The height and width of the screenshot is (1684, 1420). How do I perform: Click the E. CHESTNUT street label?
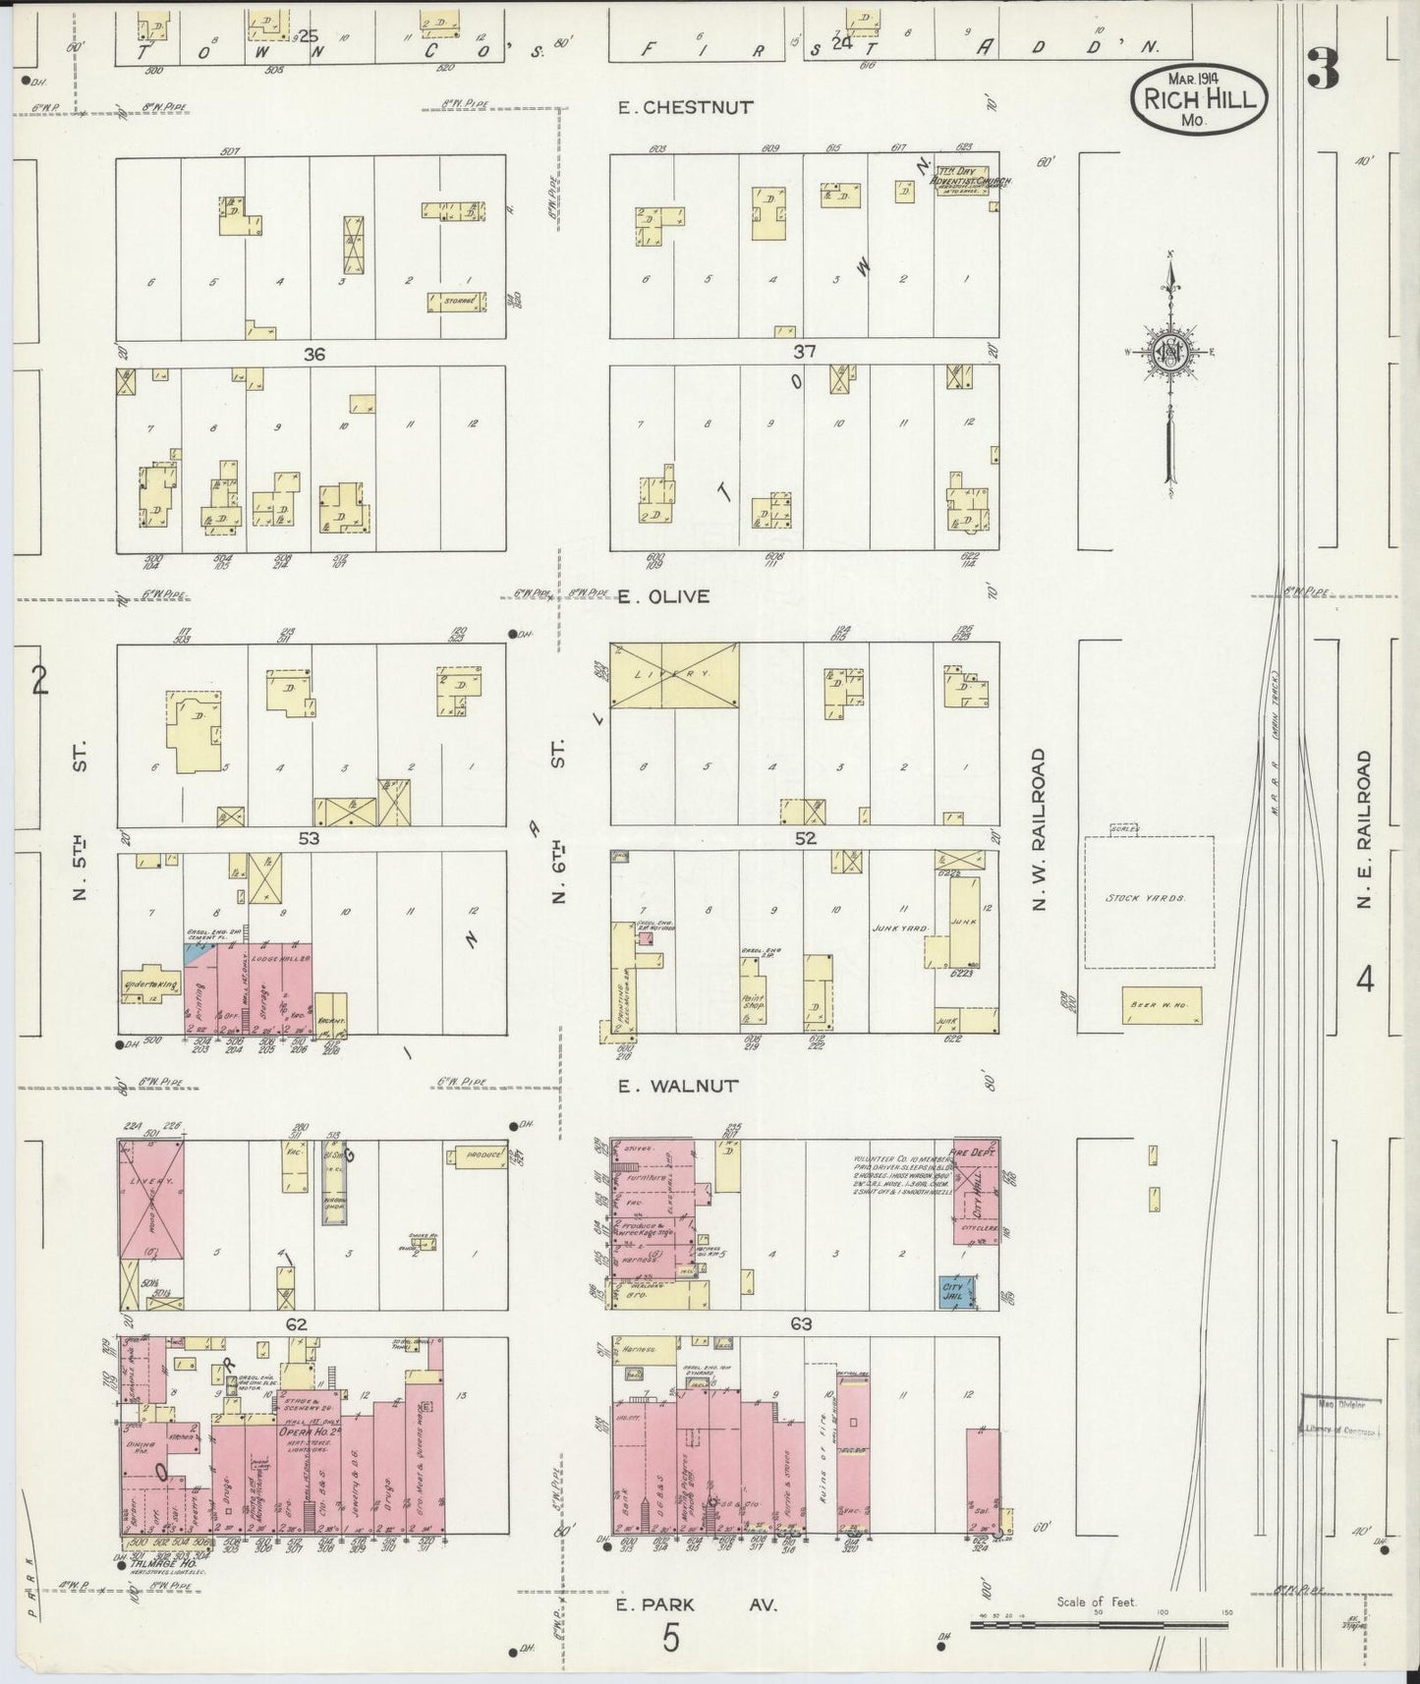pos(685,108)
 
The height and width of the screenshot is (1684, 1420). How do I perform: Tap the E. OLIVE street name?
pos(663,597)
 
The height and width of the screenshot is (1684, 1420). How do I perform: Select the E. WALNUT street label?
pos(677,1086)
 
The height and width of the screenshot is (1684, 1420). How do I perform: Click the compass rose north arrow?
pos(1171,354)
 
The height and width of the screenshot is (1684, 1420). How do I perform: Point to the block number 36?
pos(313,354)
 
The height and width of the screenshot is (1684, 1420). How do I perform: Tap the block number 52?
pos(806,838)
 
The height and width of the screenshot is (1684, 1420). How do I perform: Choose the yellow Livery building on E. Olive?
pos(674,674)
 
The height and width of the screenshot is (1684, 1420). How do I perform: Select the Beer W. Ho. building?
pos(1162,1006)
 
